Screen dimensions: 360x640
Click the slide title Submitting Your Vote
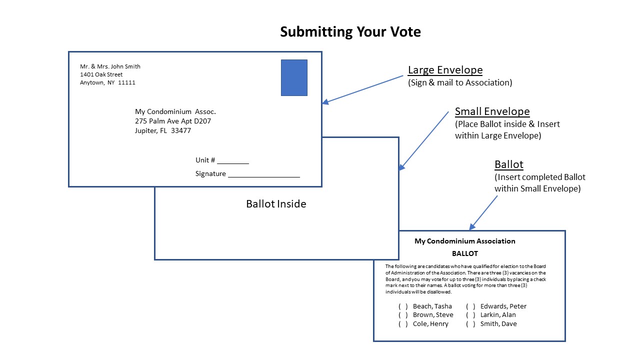[x=350, y=32]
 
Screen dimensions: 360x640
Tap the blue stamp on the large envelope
[x=294, y=77]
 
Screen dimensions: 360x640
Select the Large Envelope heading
[x=445, y=70]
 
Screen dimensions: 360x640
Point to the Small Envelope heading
[x=492, y=111]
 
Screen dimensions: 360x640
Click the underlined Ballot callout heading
[x=508, y=164]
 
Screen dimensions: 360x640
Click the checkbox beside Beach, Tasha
[x=403, y=306]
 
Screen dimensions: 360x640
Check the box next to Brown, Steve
[x=403, y=315]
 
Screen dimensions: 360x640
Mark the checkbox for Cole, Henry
[x=403, y=324]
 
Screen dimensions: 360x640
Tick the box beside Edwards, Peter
[x=470, y=306]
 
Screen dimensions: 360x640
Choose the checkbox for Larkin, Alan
[x=470, y=315]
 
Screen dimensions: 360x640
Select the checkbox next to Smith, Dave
[x=470, y=324]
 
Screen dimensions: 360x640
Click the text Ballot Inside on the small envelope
[x=276, y=204]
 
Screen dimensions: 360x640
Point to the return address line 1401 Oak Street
[x=101, y=74]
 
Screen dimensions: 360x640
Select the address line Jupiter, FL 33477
[x=163, y=131]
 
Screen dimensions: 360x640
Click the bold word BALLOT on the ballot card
[x=464, y=253]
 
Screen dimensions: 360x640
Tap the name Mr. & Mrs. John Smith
[x=110, y=66]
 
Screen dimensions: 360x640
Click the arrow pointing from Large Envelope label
[x=362, y=89]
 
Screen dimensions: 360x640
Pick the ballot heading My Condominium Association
[x=464, y=241]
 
